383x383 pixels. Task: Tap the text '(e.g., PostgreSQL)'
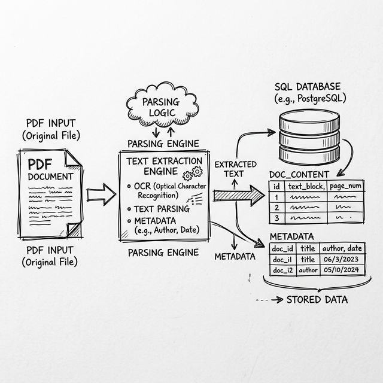pyautogui.click(x=309, y=98)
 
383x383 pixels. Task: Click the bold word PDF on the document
pyautogui.click(x=41, y=164)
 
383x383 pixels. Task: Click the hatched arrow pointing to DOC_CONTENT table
pyautogui.click(x=238, y=195)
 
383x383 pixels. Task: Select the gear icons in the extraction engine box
pyautogui.click(x=193, y=174)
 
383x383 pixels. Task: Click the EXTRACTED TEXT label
pyautogui.click(x=235, y=169)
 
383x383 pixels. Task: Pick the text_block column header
pyautogui.click(x=306, y=186)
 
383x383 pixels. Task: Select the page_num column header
pyautogui.click(x=346, y=186)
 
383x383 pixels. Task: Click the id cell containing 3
pyautogui.click(x=276, y=218)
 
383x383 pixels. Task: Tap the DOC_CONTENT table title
pyautogui.click(x=299, y=174)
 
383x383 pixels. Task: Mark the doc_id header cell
pyautogui.click(x=282, y=248)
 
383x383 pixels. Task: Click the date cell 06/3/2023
pyautogui.click(x=339, y=259)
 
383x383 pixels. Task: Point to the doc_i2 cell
pyautogui.click(x=282, y=270)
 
